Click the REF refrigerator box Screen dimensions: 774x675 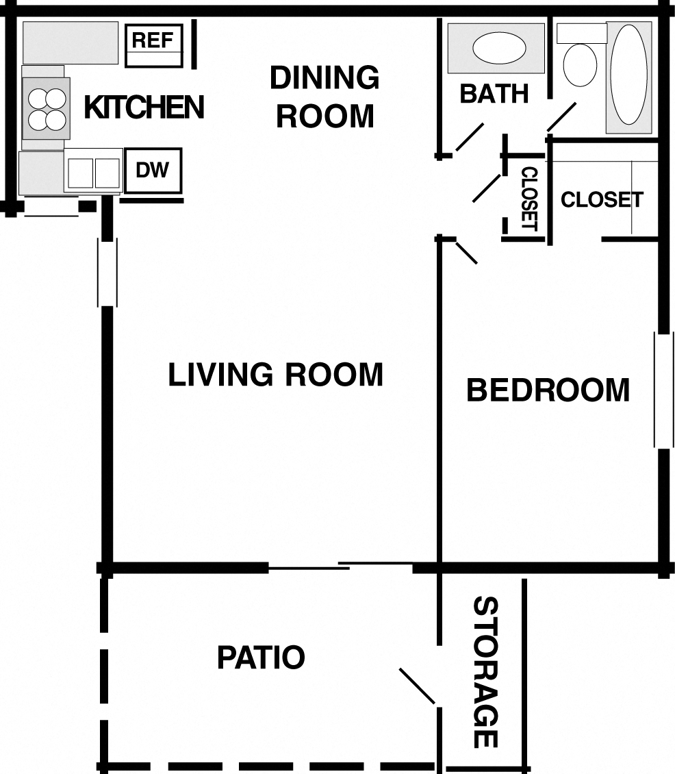pos(154,45)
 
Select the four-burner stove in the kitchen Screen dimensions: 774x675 pos(47,109)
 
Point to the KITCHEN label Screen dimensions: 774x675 pos(144,108)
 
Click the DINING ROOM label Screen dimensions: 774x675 pos(324,97)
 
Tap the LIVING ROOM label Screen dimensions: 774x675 pos(275,375)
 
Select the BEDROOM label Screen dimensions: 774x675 pos(548,390)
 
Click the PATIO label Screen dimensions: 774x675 pos(261,658)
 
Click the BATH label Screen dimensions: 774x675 pos(494,93)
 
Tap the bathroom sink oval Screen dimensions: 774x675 pos(499,49)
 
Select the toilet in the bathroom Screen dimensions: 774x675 pos(578,62)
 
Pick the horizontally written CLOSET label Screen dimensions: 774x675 pos(602,199)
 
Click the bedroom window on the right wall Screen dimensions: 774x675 pos(662,390)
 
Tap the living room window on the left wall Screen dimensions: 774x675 pos(107,272)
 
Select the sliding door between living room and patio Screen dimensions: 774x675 pos(340,566)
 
